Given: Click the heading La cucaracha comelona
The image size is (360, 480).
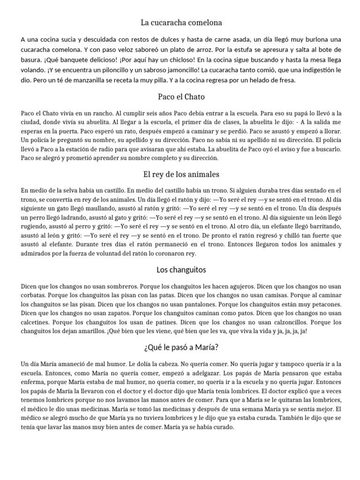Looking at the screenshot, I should point(180,22).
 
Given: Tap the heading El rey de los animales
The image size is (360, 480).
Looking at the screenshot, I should point(180,174).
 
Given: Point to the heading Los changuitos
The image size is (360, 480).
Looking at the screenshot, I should point(180,270).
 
